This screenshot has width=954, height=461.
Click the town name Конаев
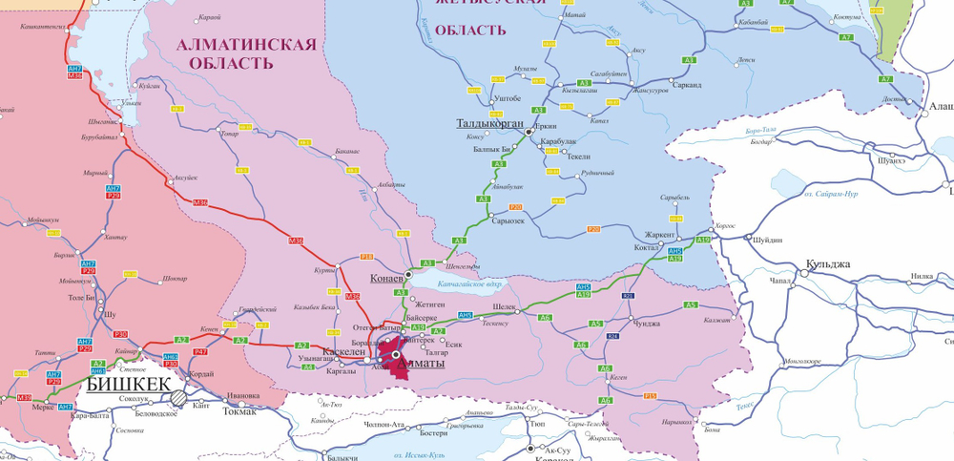pyautogui.click(x=386, y=278)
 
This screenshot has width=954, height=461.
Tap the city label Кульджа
pyautogui.click(x=827, y=263)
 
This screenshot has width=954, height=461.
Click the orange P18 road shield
pyautogui.click(x=367, y=257)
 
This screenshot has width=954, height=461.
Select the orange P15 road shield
pyautogui.click(x=650, y=395)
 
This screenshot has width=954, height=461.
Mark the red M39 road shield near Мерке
pyautogui.click(x=25, y=397)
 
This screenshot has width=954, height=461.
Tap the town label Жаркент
pyautogui.click(x=658, y=234)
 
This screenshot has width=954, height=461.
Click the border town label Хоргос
pyautogui.click(x=725, y=225)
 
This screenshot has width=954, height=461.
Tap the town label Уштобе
pyautogui.click(x=505, y=98)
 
